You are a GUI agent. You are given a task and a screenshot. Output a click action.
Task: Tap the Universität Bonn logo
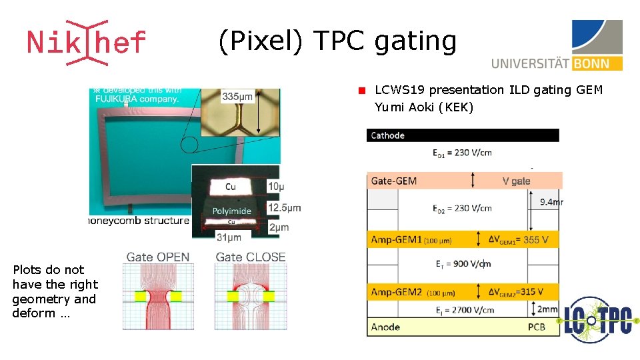(x=557, y=45)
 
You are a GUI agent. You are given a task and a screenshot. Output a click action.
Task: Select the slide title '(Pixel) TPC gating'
(x=337, y=41)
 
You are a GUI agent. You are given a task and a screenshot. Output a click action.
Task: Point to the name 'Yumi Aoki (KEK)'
(x=423, y=107)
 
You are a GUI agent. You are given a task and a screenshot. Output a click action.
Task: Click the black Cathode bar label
(x=388, y=135)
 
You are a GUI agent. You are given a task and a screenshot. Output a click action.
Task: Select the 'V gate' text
(x=516, y=181)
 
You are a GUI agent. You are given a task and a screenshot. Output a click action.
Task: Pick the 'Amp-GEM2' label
(x=397, y=292)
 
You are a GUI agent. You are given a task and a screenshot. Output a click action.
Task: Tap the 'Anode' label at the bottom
(x=385, y=327)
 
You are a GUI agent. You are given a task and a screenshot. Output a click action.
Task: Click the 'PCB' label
(x=537, y=327)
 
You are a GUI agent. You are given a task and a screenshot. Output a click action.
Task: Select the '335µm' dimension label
(x=237, y=97)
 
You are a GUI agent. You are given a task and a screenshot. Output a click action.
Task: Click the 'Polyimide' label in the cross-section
(x=231, y=211)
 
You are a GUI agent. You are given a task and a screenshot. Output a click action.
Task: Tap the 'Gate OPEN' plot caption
(x=157, y=257)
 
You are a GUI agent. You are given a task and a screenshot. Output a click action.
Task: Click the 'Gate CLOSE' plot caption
(x=251, y=257)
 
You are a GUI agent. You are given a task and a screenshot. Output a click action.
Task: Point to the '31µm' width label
(x=229, y=237)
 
